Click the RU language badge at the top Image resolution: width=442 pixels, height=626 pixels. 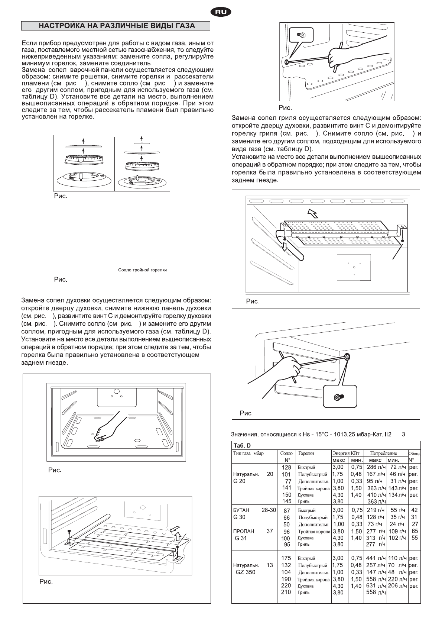click(221, 13)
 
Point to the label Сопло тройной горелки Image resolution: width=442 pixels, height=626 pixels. click(142, 270)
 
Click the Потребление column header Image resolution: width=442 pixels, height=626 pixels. click(383, 453)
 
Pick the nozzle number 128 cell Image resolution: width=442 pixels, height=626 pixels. click(286, 467)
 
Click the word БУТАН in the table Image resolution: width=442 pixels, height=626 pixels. click(241, 510)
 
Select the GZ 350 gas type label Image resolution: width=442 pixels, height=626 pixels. click(245, 572)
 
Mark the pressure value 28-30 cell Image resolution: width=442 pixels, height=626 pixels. click(269, 510)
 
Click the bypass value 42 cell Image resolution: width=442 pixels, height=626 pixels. click(415, 510)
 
